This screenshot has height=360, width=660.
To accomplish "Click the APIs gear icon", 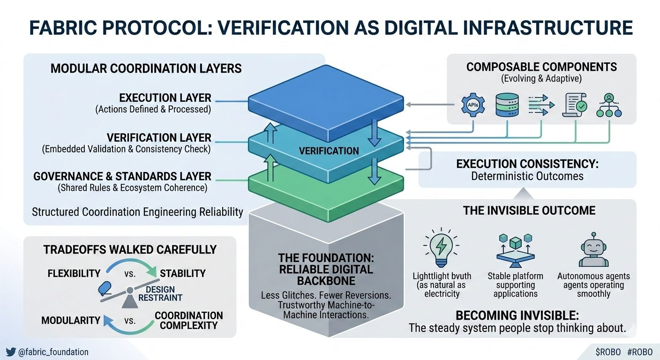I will (472, 105).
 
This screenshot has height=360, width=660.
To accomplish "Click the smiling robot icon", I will (593, 249).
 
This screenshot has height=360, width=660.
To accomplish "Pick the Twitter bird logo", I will (11, 352).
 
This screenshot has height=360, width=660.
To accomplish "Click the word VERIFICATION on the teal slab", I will (329, 151).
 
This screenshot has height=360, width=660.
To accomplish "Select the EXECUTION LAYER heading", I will (165, 98).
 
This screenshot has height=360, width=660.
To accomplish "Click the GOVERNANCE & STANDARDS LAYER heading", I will (122, 177).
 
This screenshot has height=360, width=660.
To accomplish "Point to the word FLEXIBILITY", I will (74, 273).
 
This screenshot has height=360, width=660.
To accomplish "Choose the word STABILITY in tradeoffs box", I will (183, 273).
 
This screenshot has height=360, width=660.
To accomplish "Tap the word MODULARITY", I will (71, 321).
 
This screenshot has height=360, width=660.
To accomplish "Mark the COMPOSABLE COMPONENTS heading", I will (541, 67).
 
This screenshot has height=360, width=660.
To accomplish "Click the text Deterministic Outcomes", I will (527, 177).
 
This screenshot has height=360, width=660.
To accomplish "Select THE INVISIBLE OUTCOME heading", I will (529, 210).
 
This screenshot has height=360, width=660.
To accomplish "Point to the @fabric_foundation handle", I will (53, 352).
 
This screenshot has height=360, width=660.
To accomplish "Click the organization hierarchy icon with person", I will (608, 105).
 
